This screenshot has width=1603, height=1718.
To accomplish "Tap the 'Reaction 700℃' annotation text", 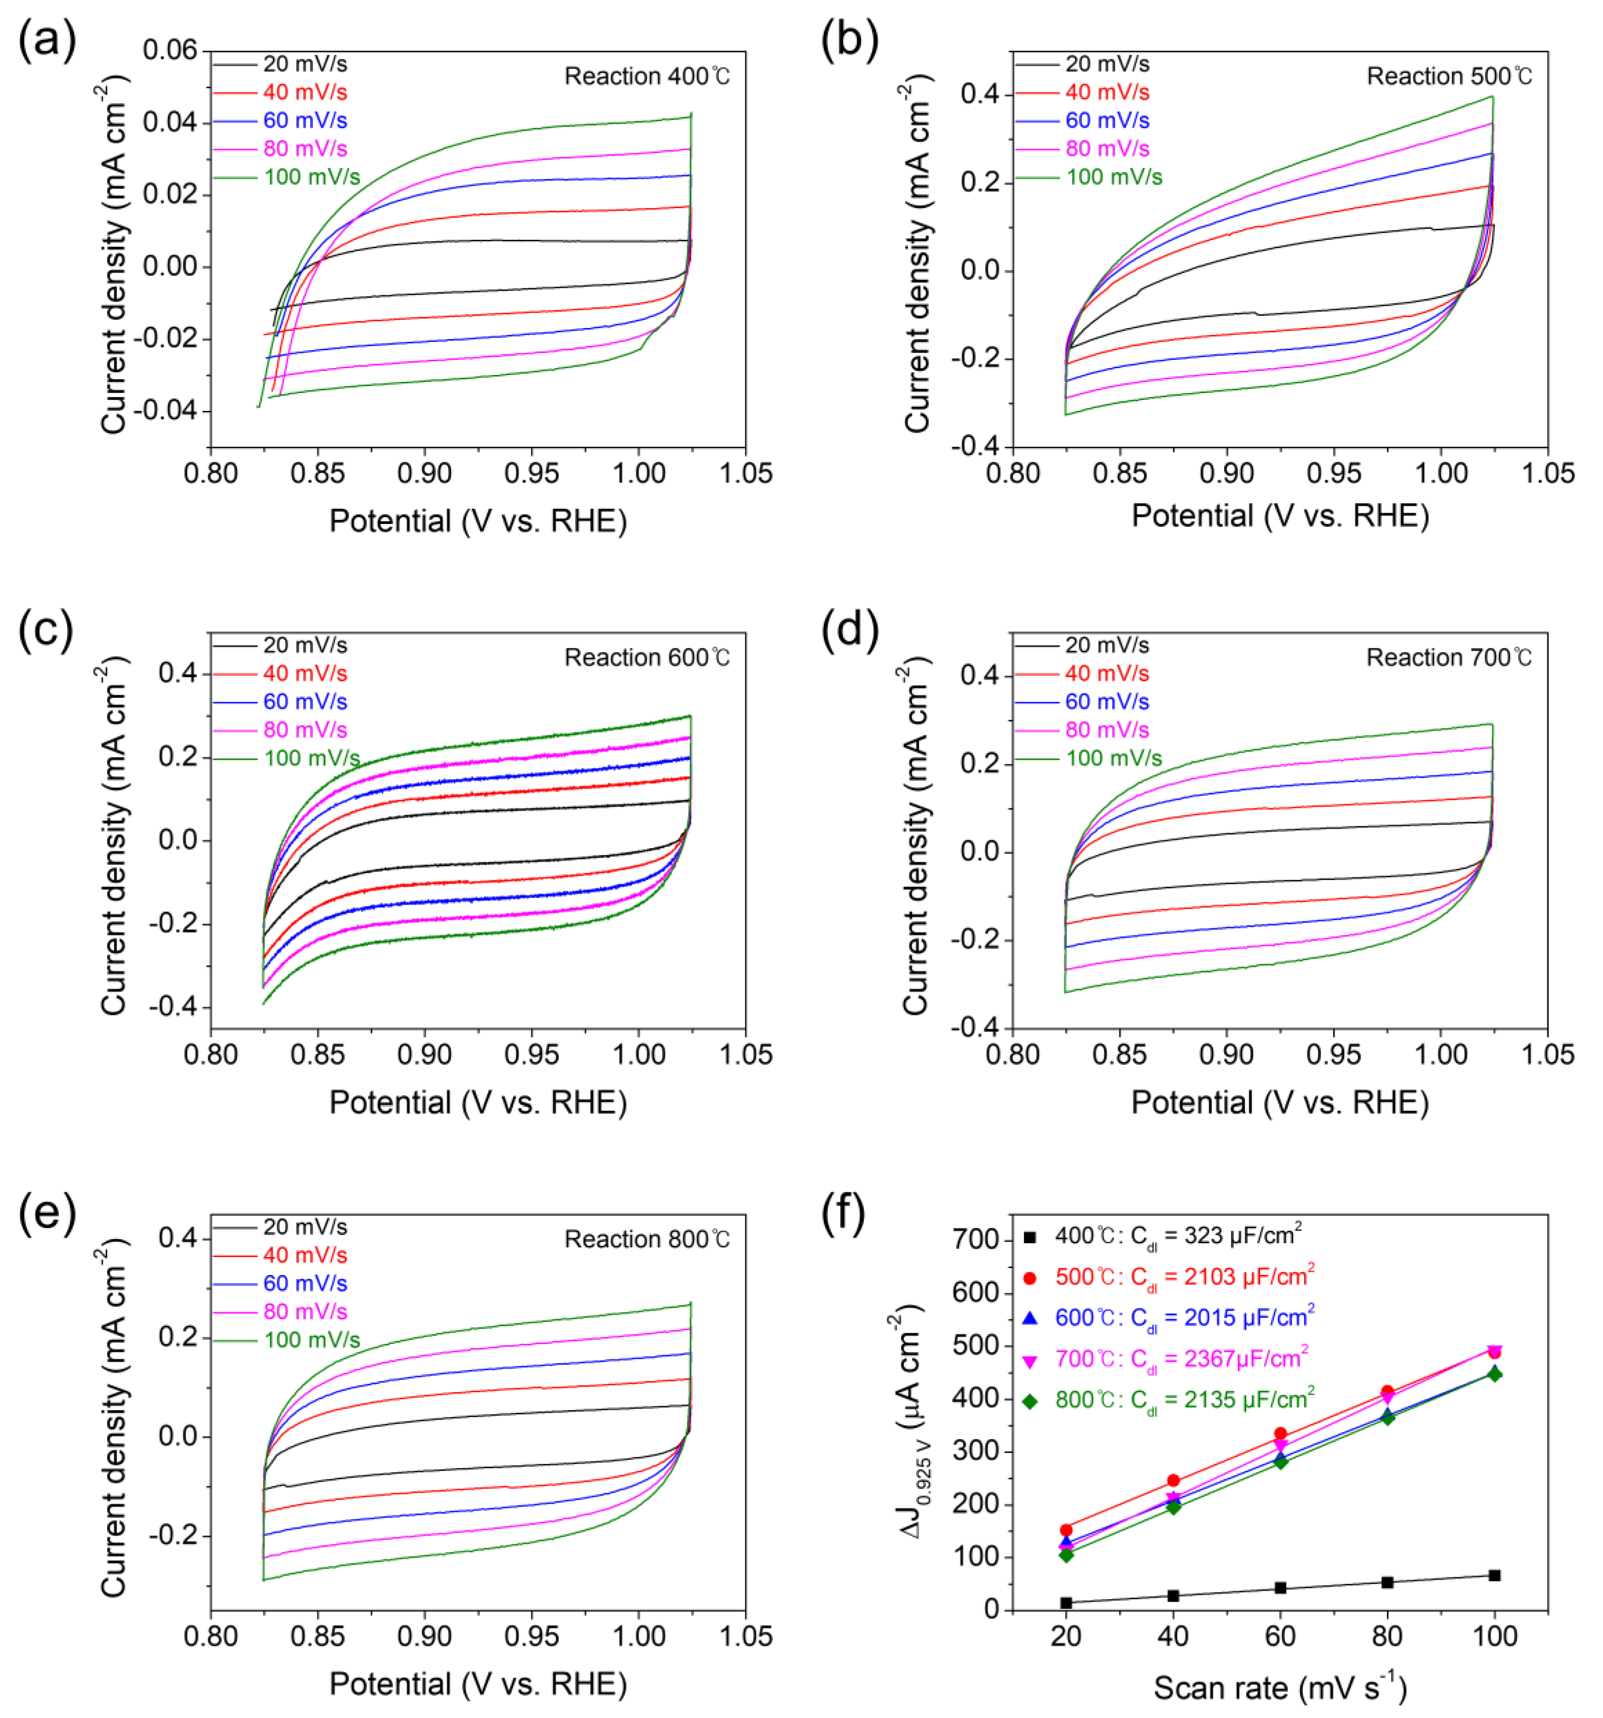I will coord(1449,659).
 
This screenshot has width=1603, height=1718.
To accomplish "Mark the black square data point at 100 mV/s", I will coord(1494,1576).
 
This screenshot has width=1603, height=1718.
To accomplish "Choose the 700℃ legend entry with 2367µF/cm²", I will coord(1181,1360).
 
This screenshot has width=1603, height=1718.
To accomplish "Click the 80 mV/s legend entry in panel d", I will coord(1107,730).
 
